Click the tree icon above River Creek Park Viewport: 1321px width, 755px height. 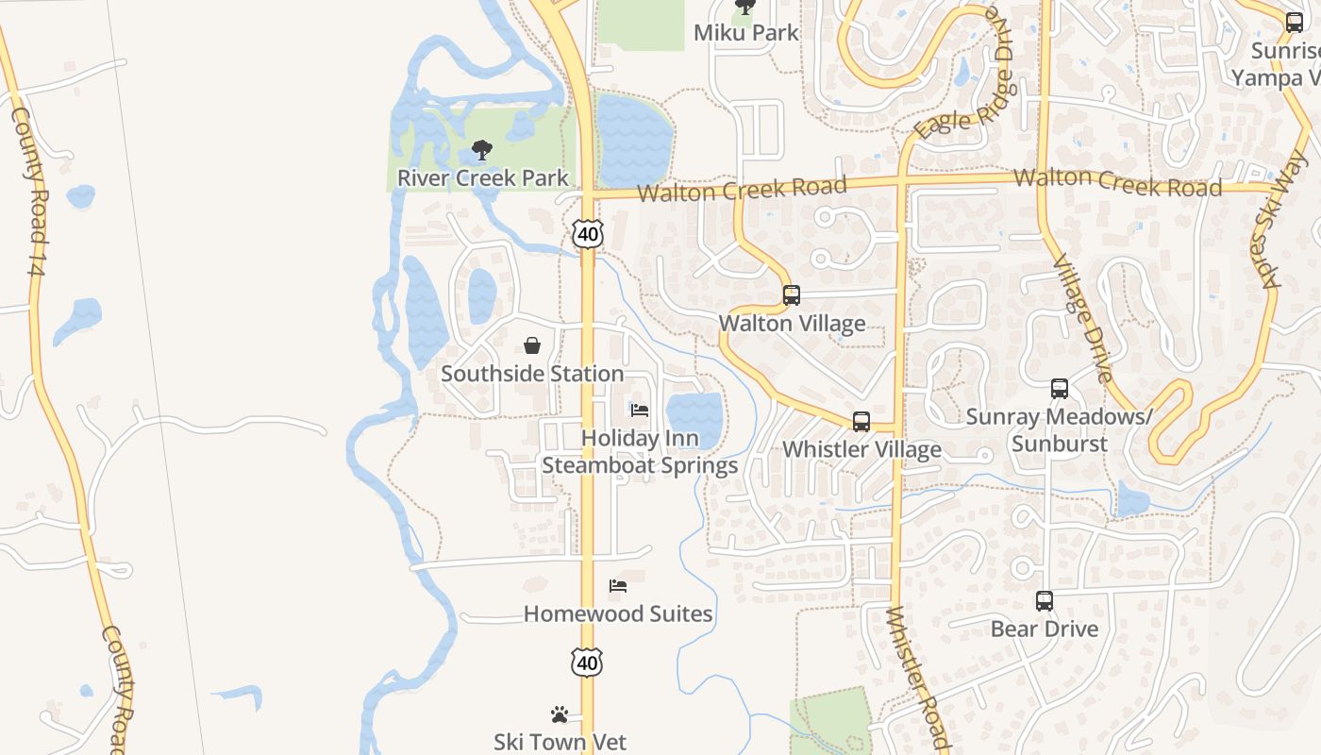pos(482,150)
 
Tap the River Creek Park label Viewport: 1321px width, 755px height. pos(482,177)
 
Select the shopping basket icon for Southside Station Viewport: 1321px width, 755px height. pos(532,346)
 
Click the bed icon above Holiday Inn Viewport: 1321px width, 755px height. pos(640,411)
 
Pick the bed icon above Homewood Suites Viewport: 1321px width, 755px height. pos(618,586)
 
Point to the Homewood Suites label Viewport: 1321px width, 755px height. pos(618,613)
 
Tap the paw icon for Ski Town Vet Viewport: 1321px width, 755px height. pos(560,715)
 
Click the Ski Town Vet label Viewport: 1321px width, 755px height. pos(560,743)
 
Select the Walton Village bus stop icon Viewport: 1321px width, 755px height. pos(792,295)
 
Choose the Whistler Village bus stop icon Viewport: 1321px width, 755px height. pos(861,422)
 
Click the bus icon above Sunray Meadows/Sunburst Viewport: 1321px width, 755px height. pos(1060,389)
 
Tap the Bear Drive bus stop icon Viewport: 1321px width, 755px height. pos(1045,601)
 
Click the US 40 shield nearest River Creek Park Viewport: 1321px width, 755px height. pos(587,233)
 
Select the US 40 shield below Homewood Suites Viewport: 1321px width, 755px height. pos(587,663)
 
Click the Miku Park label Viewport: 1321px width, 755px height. pos(745,32)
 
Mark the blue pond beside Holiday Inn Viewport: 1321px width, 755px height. pos(694,416)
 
